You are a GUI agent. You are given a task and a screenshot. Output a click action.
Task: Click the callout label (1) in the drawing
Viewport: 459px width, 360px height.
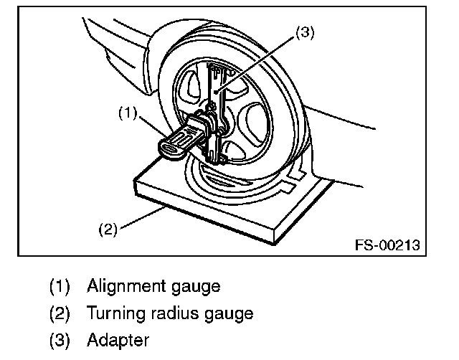point(128,113)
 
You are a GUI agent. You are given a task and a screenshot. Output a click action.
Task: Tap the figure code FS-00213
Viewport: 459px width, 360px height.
point(387,245)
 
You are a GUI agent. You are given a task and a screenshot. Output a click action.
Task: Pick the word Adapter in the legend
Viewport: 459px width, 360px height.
point(115,339)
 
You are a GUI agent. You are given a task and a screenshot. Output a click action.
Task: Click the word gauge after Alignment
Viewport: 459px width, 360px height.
point(191,288)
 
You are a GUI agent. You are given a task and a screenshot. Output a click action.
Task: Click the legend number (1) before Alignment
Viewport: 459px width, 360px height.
point(60,287)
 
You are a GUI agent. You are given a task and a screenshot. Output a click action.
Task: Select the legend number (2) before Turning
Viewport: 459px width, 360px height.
point(60,313)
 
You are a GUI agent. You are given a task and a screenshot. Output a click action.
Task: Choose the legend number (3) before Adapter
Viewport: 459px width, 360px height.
point(60,339)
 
